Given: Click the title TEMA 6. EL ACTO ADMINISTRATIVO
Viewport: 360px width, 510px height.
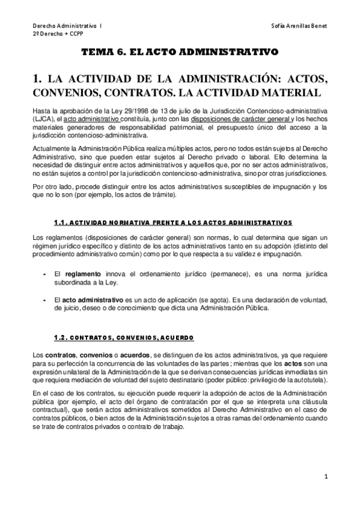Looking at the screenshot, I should click(180, 53).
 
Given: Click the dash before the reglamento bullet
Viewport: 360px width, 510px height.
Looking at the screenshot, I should click(46, 274).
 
